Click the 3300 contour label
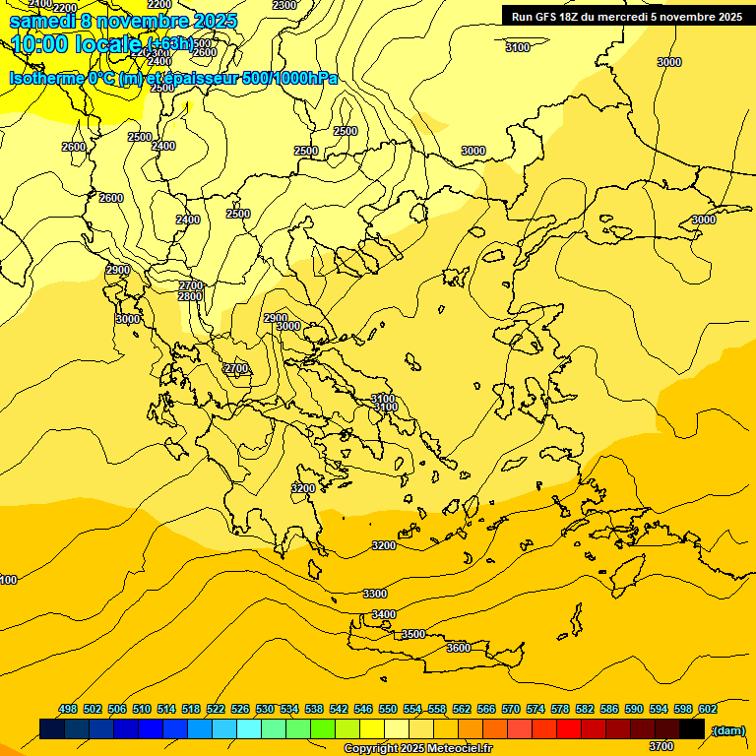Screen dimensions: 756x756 click(x=375, y=594)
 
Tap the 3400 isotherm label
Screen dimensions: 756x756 click(x=384, y=614)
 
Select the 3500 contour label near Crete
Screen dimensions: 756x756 click(x=413, y=634)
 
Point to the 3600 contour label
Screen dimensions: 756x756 click(x=459, y=648)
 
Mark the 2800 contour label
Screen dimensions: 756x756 click(x=191, y=296)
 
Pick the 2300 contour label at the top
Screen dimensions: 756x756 click(x=284, y=5)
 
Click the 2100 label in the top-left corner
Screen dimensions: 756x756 click(x=40, y=4)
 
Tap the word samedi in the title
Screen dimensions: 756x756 click(x=40, y=21)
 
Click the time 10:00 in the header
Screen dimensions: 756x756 click(x=38, y=43)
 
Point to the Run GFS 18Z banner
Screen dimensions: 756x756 click(x=622, y=16)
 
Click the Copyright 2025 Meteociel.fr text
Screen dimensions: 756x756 click(x=416, y=749)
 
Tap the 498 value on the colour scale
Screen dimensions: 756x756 click(x=68, y=709)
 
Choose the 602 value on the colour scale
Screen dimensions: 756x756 click(x=708, y=709)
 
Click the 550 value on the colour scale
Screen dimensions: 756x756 click(x=388, y=709)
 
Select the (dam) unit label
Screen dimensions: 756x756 click(x=728, y=729)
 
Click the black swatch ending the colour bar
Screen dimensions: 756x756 click(x=692, y=729)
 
